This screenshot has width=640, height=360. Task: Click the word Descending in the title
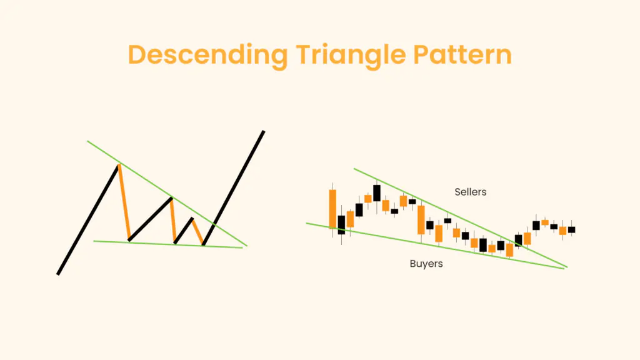pyautogui.click(x=208, y=56)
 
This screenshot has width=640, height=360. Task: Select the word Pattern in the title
pyautogui.click(x=462, y=55)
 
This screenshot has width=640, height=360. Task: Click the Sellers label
pyautogui.click(x=471, y=192)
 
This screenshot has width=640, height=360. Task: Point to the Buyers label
pyautogui.click(x=426, y=264)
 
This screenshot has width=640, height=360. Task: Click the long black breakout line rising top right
pyautogui.click(x=234, y=187)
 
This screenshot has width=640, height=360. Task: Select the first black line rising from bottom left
pyautogui.click(x=88, y=219)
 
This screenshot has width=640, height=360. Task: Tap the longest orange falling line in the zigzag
pyautogui.click(x=124, y=202)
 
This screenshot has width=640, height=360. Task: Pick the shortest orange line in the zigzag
pyautogui.click(x=197, y=231)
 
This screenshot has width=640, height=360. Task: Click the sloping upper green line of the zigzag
pyautogui.click(x=167, y=194)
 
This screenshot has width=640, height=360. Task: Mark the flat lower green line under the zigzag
pyautogui.click(x=168, y=244)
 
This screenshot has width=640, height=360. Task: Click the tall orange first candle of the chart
pyautogui.click(x=332, y=209)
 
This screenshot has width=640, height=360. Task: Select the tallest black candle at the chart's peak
pyautogui.click(x=377, y=193)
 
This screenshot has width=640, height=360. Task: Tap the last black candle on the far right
pyautogui.click(x=571, y=229)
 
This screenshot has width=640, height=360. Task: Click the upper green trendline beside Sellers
pyautogui.click(x=461, y=218)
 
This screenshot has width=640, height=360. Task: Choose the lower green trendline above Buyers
pyautogui.click(x=436, y=246)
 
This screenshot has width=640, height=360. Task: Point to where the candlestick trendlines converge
pyautogui.click(x=565, y=267)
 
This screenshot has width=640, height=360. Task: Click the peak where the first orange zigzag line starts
pyautogui.click(x=119, y=164)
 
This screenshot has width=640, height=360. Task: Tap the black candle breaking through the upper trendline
pyautogui.click(x=518, y=241)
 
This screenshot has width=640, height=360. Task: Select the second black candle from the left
pyautogui.click(x=359, y=210)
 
